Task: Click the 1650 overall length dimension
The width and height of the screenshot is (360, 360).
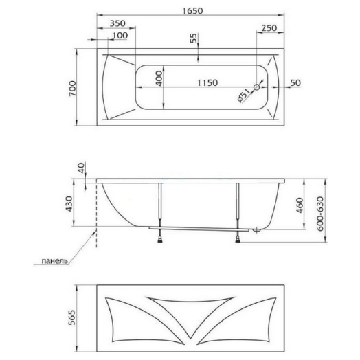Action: point(193,11)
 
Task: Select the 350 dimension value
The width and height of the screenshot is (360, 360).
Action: point(117,23)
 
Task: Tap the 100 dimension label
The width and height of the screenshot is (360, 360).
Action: point(120,35)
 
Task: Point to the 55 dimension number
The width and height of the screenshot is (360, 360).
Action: point(194,38)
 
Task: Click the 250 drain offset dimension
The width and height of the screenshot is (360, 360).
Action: point(269,28)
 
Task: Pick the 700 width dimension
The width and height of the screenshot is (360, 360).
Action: point(72,89)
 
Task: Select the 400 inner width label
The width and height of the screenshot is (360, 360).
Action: point(159,78)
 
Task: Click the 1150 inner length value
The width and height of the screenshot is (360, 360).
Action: point(207,82)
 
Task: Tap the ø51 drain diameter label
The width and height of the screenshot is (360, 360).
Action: point(243,95)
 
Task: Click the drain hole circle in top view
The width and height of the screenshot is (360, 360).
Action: point(257,87)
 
